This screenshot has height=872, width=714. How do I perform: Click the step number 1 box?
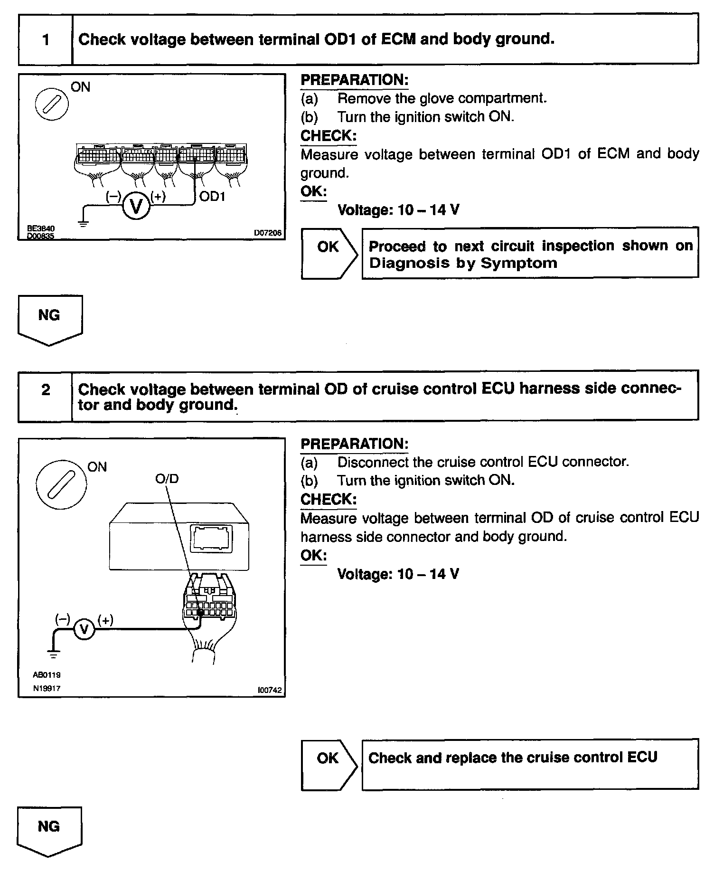tap(46, 39)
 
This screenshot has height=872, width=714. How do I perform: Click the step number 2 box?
tap(46, 390)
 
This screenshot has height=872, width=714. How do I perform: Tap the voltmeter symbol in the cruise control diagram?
tap(85, 629)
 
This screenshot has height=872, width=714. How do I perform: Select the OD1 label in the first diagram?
tap(212, 196)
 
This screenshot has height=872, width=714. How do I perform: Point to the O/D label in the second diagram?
tap(167, 479)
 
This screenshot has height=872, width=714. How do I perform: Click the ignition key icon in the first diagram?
tap(52, 104)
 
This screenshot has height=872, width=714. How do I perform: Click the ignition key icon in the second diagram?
tap(62, 485)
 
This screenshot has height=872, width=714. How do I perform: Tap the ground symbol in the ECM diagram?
tap(84, 224)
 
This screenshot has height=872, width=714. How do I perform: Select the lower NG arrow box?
tap(49, 831)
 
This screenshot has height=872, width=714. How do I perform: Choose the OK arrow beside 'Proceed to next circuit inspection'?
tap(329, 252)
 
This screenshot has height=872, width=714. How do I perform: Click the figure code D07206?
tap(268, 233)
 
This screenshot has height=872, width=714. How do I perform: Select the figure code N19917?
tap(47, 688)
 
